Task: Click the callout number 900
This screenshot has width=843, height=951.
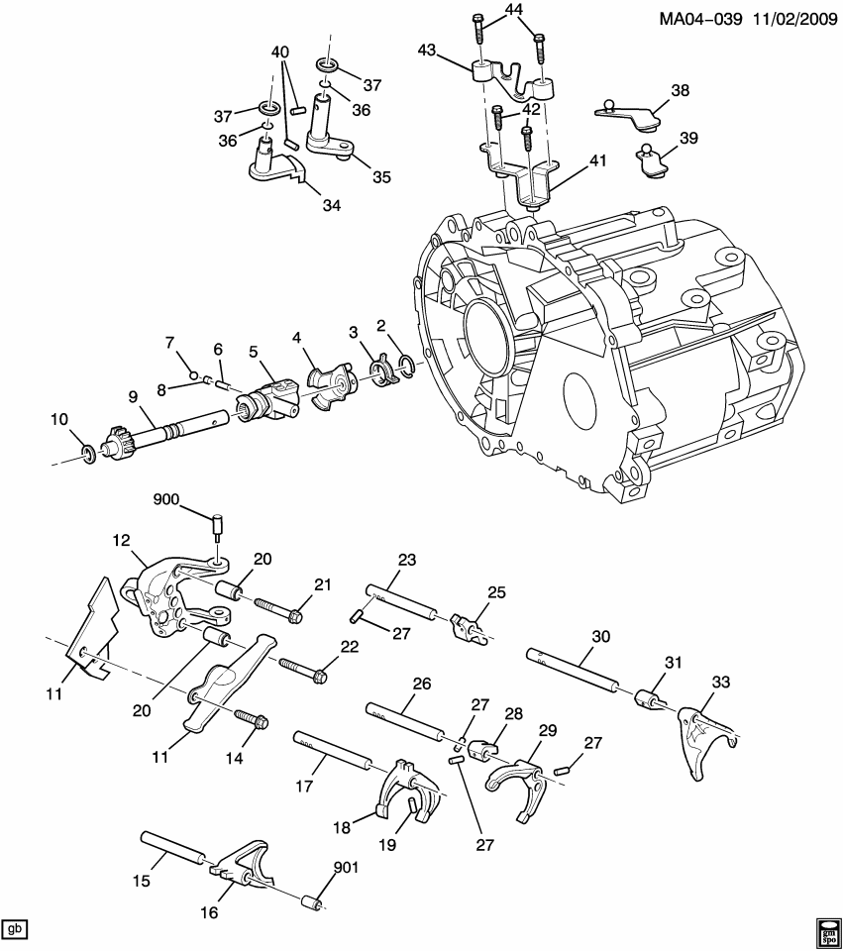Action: click(x=165, y=499)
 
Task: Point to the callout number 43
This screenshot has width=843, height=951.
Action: click(x=426, y=50)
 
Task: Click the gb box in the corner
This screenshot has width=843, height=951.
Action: click(x=15, y=929)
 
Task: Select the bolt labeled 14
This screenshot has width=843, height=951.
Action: click(x=249, y=719)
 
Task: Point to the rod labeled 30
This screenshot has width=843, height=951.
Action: click(x=575, y=669)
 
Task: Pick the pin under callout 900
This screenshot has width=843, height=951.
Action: click(x=219, y=523)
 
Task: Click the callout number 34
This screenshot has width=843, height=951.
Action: click(x=331, y=205)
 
